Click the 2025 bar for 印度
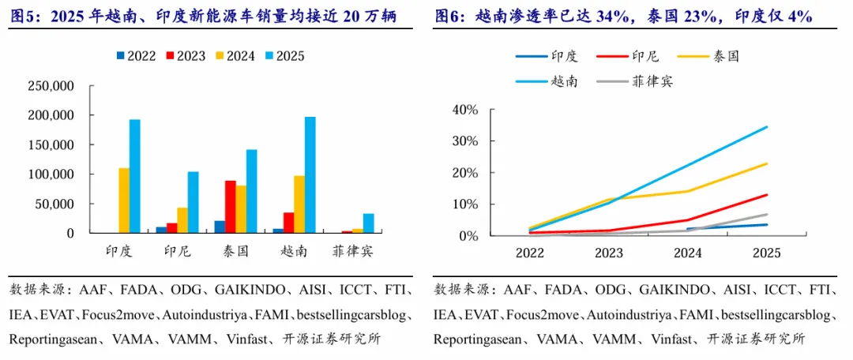click(134, 177)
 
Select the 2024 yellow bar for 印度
click(124, 201)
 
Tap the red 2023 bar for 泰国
click(230, 207)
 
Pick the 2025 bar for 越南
click(310, 175)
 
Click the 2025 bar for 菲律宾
click(368, 223)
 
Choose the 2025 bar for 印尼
click(193, 202)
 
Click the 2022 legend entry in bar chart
click(136, 56)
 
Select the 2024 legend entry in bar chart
click(235, 56)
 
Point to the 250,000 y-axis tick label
click(51, 86)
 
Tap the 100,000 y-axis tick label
click(51, 174)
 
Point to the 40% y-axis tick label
click(464, 110)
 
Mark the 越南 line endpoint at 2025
click(766, 127)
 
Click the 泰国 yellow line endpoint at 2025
click(766, 163)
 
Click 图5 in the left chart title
click(24, 17)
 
